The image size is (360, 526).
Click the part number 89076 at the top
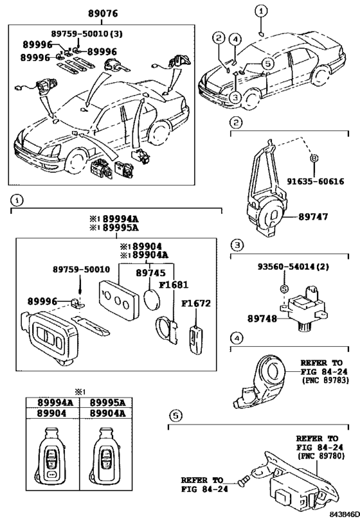coord(103,13)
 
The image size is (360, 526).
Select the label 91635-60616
coord(316,182)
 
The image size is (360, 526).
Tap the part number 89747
coord(313,216)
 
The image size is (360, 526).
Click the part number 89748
coord(262,319)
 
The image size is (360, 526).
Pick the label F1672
coord(196,303)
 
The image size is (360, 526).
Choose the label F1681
coord(174,285)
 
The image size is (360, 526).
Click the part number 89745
coord(150,273)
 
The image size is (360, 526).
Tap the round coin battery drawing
coord(152,298)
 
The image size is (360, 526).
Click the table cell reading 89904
coord(51,414)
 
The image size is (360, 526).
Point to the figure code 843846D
coord(344,521)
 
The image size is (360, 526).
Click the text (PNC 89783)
coord(325,380)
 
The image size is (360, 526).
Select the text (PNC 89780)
coord(321,456)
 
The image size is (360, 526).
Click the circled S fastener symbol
coord(284,288)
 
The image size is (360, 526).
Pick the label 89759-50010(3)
coord(87,33)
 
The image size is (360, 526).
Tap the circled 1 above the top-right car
coord(261,11)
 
